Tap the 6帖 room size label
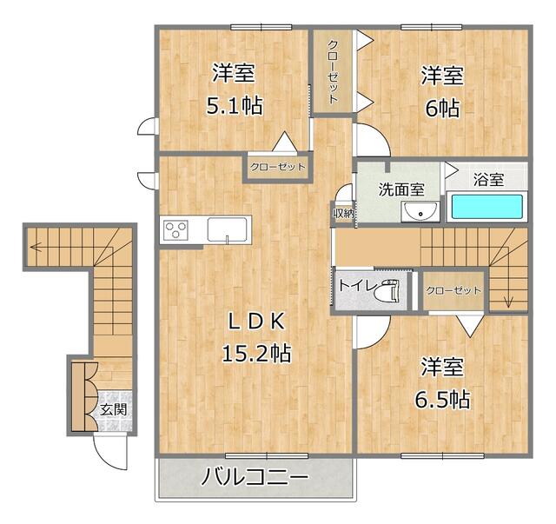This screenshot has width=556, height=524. click(x=442, y=109)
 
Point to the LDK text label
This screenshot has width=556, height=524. click(x=255, y=321)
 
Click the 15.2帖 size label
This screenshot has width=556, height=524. click(x=255, y=353)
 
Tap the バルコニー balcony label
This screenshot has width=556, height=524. click(x=255, y=477)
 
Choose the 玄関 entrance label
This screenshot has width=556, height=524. click(x=113, y=409)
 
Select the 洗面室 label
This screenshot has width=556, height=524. click(x=400, y=189)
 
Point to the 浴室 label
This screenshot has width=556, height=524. click(x=488, y=180)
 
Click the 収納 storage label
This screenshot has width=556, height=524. click(x=343, y=213)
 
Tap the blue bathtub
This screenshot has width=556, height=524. click(x=486, y=208)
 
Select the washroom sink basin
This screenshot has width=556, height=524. click(x=425, y=213)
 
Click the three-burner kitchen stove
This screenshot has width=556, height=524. click(x=176, y=230)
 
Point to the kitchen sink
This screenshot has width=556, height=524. click(x=228, y=231)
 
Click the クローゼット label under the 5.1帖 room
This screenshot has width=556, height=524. click(x=278, y=168)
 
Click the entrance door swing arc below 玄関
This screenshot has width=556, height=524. click(x=109, y=452)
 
